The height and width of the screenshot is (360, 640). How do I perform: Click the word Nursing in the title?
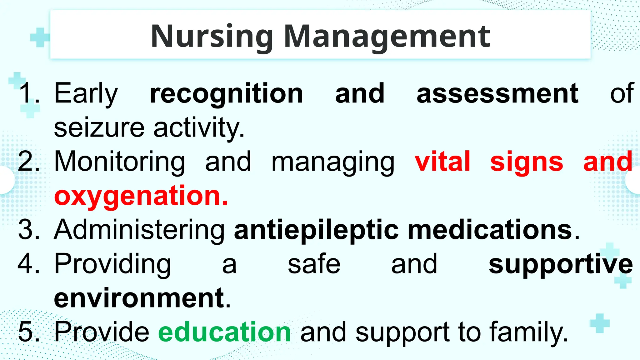coord(212,37)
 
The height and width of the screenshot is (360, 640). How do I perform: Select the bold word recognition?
coord(227,93)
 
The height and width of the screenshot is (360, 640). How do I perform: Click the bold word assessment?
coord(497,93)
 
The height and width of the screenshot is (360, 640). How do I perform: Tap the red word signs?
coord(527,162)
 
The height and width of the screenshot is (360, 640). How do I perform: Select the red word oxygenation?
coord(141,196)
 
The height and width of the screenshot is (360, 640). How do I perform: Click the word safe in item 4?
coord(314,264)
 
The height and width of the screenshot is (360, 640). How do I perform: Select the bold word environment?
coord(139,298)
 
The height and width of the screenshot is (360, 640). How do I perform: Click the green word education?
coord(225,332)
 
